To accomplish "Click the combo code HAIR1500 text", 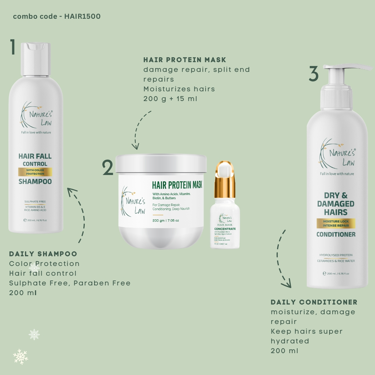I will [x=57, y=17].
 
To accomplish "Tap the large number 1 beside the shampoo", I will [x=13, y=47].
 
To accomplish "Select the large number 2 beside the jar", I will [x=108, y=168].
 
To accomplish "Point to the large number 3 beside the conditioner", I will [x=314, y=74].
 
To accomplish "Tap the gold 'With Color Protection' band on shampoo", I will [x=35, y=172].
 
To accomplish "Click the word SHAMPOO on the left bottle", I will [x=35, y=182].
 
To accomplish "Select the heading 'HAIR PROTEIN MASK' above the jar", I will [x=185, y=60].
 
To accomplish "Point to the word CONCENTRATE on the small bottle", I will [x=225, y=229].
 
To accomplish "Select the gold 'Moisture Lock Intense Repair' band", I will [x=335, y=223].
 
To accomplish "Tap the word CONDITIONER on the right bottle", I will [x=336, y=234].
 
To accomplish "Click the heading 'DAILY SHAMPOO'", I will [x=43, y=254].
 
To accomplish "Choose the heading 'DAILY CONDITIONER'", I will [x=314, y=302].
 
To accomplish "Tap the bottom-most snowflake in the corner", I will [x=20, y=357].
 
